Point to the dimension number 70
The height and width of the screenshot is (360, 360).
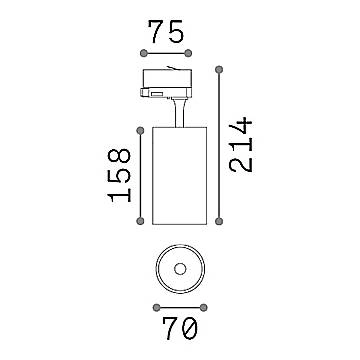[179, 328]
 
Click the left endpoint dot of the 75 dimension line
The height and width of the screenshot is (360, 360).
[145, 53]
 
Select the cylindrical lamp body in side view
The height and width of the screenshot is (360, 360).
[180, 175]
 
